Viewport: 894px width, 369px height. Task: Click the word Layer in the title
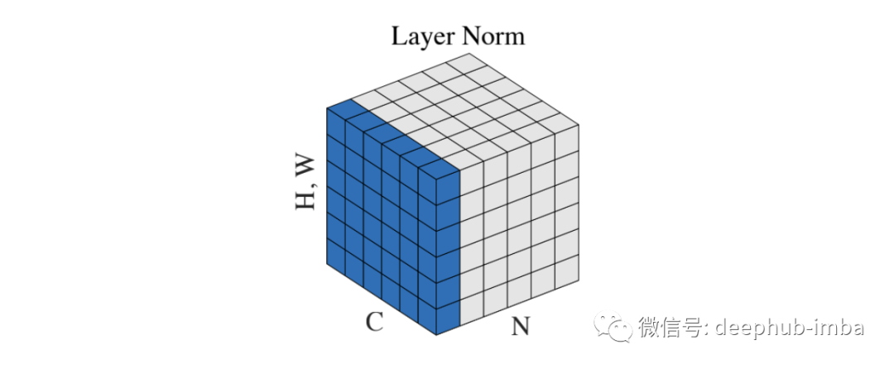[x=421, y=37]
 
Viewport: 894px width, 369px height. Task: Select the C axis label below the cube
[x=374, y=321]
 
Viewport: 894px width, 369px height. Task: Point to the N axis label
[x=520, y=327]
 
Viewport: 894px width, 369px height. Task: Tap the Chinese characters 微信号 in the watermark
[x=672, y=328]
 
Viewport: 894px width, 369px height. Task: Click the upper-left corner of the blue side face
[x=327, y=108]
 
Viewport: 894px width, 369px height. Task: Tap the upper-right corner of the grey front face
[x=578, y=126]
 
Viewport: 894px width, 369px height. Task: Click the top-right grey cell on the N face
[x=566, y=141]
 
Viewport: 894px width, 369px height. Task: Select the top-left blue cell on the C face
[x=336, y=125]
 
